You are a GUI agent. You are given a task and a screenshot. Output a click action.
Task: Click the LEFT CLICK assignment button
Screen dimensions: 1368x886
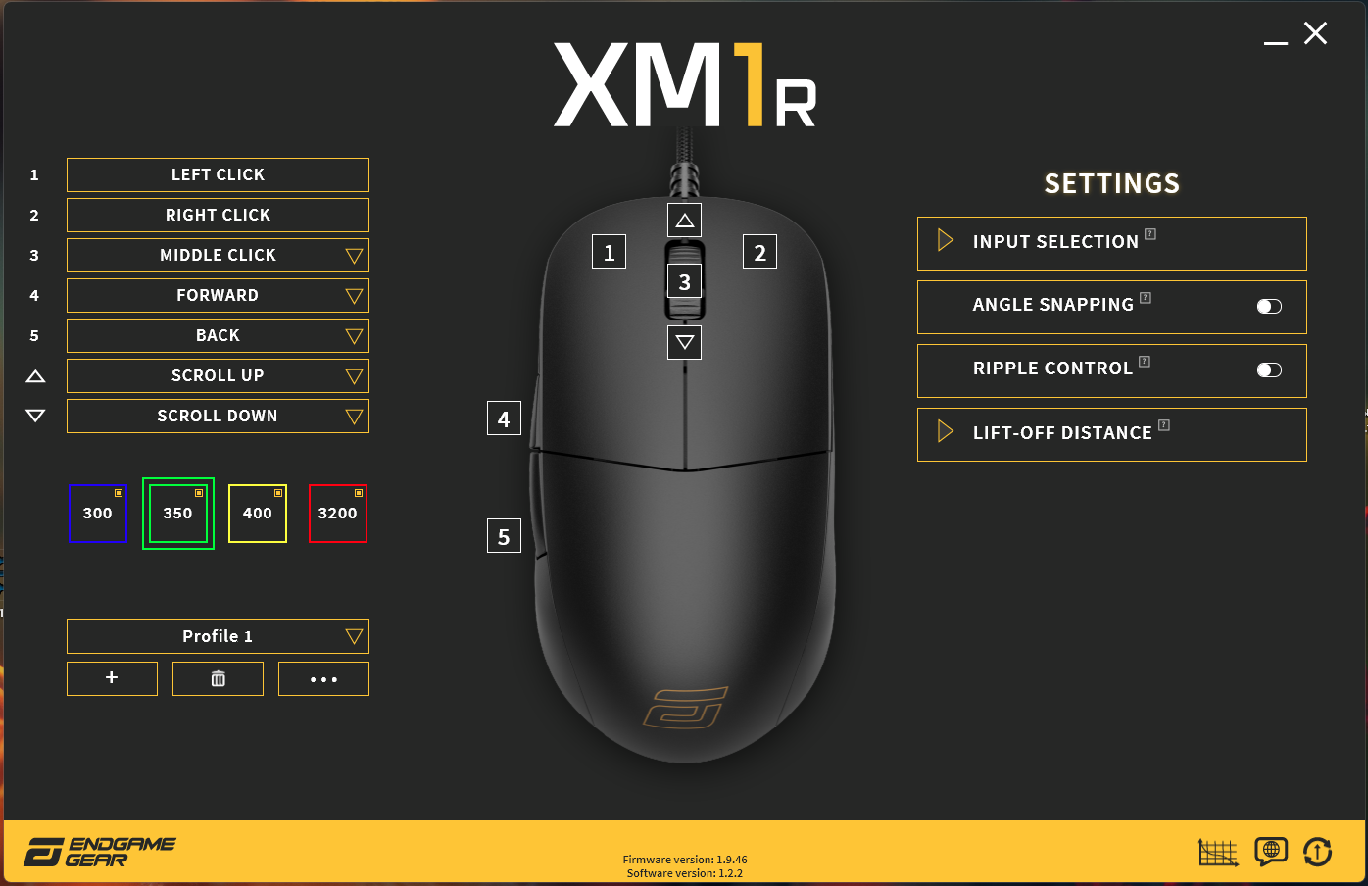pyautogui.click(x=218, y=175)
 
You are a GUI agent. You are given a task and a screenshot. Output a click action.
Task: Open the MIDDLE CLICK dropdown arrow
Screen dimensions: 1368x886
pyautogui.click(x=354, y=256)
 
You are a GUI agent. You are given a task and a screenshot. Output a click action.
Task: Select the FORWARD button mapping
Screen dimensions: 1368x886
pyautogui.click(x=218, y=296)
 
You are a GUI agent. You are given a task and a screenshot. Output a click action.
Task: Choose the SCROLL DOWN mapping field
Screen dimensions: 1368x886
pyautogui.click(x=218, y=417)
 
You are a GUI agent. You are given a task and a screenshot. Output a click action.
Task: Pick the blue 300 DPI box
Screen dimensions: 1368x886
pyautogui.click(x=97, y=514)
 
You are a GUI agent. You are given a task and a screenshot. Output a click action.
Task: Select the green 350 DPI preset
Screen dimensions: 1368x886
pyautogui.click(x=177, y=514)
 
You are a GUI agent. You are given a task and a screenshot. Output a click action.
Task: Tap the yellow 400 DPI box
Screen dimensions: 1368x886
pyautogui.click(x=258, y=514)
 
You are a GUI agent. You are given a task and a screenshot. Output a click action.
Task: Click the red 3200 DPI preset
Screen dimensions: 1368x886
pyautogui.click(x=338, y=514)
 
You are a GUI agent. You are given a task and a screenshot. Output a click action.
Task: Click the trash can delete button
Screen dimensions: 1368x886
pyautogui.click(x=218, y=679)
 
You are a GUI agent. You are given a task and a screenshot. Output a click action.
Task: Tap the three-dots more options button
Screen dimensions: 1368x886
pyautogui.click(x=323, y=679)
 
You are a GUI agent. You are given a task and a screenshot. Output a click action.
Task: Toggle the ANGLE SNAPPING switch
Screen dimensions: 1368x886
pyautogui.click(x=1269, y=307)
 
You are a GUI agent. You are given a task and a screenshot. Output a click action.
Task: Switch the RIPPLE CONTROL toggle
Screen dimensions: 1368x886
pyautogui.click(x=1269, y=370)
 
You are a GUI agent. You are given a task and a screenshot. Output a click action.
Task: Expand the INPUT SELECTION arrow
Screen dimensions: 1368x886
pyautogui.click(x=945, y=241)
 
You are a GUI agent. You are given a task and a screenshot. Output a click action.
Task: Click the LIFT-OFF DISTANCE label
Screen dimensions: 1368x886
pyautogui.click(x=1062, y=433)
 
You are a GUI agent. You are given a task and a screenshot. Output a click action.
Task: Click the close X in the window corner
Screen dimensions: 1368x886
pyautogui.click(x=1315, y=34)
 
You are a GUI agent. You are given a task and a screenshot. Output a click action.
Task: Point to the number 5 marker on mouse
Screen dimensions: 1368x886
pyautogui.click(x=504, y=537)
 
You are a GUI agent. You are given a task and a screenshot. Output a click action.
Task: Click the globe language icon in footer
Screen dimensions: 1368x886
pyautogui.click(x=1271, y=851)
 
